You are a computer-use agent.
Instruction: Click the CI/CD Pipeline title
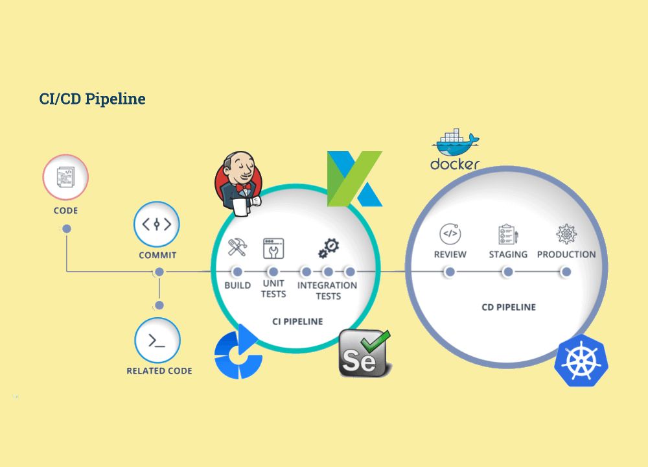(x=92, y=99)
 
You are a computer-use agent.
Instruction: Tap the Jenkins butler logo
(x=238, y=184)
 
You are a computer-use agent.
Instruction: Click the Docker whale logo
(x=455, y=149)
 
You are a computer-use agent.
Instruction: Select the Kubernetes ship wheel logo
(x=581, y=361)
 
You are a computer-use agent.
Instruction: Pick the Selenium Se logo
(x=364, y=353)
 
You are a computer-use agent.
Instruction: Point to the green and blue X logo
(x=354, y=179)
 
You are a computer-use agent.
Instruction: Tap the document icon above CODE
(x=65, y=177)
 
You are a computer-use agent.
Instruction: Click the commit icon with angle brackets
(x=157, y=224)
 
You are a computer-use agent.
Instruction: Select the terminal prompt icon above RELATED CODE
(x=157, y=341)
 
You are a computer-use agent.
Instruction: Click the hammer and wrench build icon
(x=238, y=247)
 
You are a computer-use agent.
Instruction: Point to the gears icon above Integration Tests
(x=329, y=248)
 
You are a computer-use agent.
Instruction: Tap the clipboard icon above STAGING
(x=508, y=235)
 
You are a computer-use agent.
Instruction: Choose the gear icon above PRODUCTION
(x=566, y=234)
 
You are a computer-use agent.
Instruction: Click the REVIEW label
(x=450, y=254)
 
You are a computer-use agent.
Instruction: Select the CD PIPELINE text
(x=509, y=307)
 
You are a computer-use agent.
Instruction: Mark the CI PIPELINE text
(x=297, y=322)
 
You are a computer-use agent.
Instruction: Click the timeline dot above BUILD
(x=237, y=272)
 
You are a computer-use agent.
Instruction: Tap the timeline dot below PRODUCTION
(x=566, y=272)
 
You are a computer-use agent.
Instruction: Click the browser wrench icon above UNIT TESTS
(x=273, y=248)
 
